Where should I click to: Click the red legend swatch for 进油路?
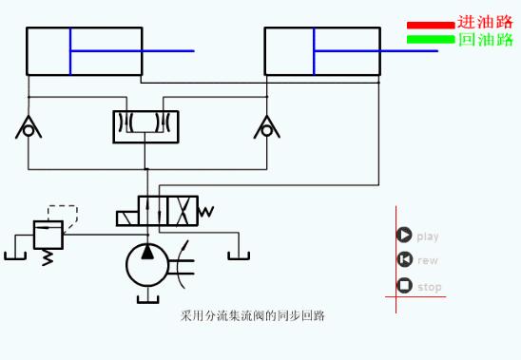(x=431, y=25)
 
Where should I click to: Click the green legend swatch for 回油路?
(x=431, y=40)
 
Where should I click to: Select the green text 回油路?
(x=485, y=40)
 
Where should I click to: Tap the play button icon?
(x=404, y=236)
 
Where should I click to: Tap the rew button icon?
(x=404, y=260)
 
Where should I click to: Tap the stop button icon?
(x=404, y=286)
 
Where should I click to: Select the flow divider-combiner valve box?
(x=145, y=126)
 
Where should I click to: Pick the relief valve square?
(x=48, y=234)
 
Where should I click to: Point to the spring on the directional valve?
(x=206, y=211)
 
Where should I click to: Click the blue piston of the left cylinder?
(x=70, y=51)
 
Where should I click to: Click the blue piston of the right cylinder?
(x=314, y=51)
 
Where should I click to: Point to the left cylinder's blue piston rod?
(x=133, y=51)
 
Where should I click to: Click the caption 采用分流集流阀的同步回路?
(x=252, y=315)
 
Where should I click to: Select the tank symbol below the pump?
(x=146, y=299)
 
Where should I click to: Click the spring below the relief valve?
(x=48, y=257)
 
